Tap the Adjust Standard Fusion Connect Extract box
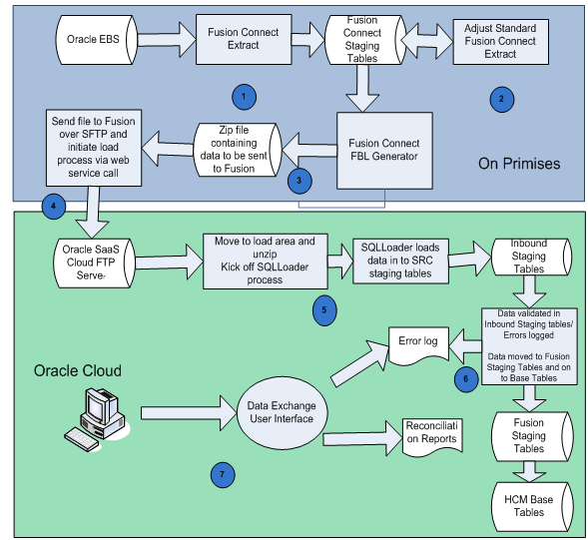pyautogui.click(x=501, y=43)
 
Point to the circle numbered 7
pyautogui.click(x=227, y=473)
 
